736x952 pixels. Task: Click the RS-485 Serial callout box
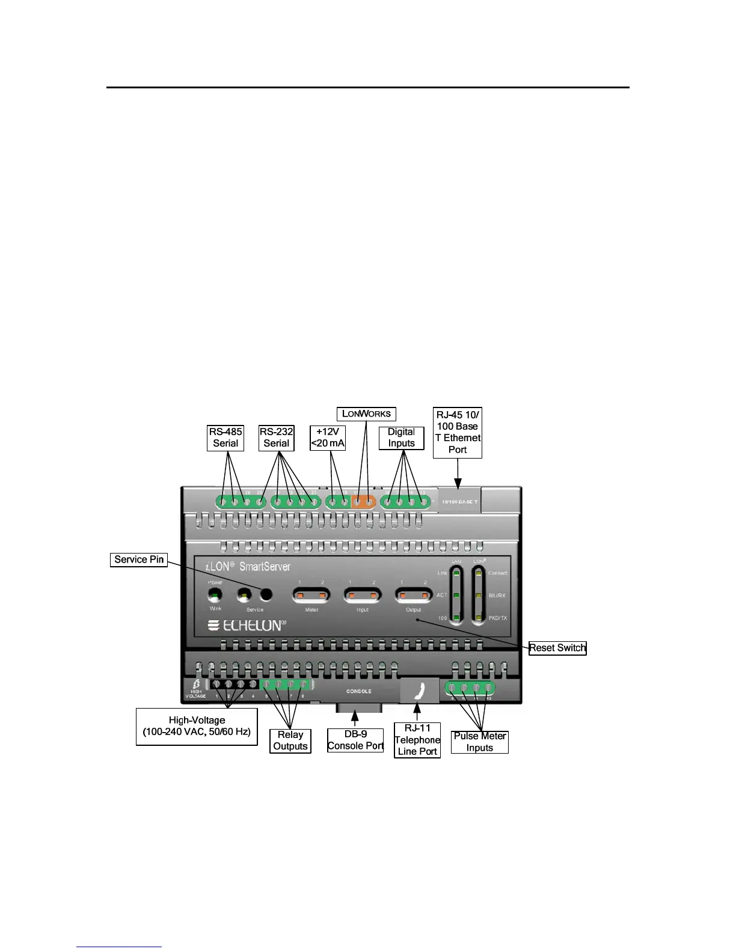coord(225,438)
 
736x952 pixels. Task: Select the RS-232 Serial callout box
coord(277,438)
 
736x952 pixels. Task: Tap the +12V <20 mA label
coord(328,438)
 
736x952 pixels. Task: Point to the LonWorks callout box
coord(366,413)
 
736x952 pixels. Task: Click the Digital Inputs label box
coord(402,438)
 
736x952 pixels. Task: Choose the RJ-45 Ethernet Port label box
coord(458,432)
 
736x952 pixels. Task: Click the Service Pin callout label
coord(139,560)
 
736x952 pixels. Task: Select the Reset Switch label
coord(557,648)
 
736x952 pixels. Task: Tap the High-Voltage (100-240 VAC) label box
coord(197,726)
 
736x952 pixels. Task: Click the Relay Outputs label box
coord(290,740)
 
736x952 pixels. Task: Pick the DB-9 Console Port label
coord(355,740)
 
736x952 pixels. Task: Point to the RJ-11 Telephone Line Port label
coord(417,740)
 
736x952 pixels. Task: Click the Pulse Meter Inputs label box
coord(480,742)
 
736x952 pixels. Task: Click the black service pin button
coord(266,595)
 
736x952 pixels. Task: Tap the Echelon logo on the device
coord(247,626)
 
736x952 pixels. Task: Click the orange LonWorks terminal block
coord(363,501)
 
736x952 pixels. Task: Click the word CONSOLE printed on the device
coord(359,691)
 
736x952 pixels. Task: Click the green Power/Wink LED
coord(215,595)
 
